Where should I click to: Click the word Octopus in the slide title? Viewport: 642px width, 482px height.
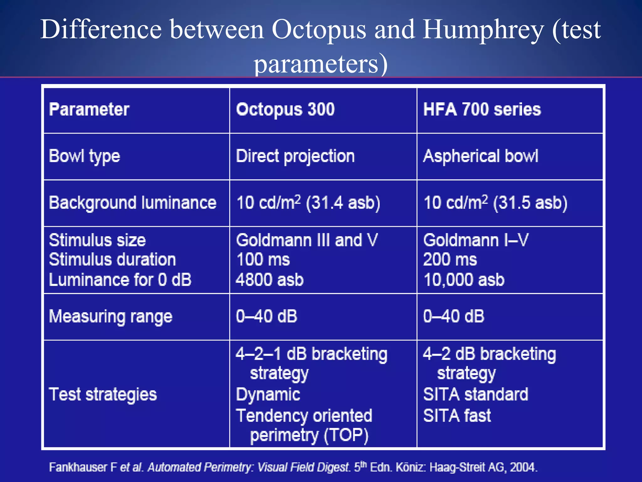click(x=318, y=30)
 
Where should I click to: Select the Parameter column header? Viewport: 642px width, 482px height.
click(x=89, y=110)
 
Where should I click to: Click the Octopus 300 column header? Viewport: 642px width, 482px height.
click(x=285, y=110)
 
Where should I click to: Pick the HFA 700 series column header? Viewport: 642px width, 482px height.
click(x=482, y=110)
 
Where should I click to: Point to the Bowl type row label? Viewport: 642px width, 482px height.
click(x=84, y=156)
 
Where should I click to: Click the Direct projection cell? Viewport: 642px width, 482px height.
click(x=295, y=156)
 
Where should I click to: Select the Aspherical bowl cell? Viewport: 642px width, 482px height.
click(x=481, y=156)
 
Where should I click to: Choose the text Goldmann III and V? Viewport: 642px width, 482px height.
click(x=307, y=240)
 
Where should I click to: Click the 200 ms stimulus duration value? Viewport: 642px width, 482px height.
click(x=450, y=260)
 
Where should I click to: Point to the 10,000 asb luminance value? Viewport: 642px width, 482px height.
click(x=464, y=280)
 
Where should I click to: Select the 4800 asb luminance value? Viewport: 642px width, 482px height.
click(x=270, y=280)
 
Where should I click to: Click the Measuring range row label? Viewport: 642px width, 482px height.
click(x=111, y=316)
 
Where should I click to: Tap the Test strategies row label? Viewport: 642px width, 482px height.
click(x=103, y=394)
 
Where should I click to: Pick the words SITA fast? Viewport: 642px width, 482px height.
click(x=457, y=416)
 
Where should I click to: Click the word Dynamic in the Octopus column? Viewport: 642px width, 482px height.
click(x=268, y=394)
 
